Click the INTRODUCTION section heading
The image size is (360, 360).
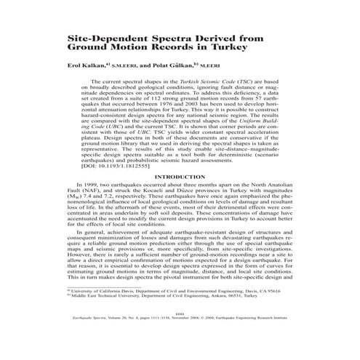(x=180, y=197)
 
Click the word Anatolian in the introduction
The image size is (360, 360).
(x=295, y=207)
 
